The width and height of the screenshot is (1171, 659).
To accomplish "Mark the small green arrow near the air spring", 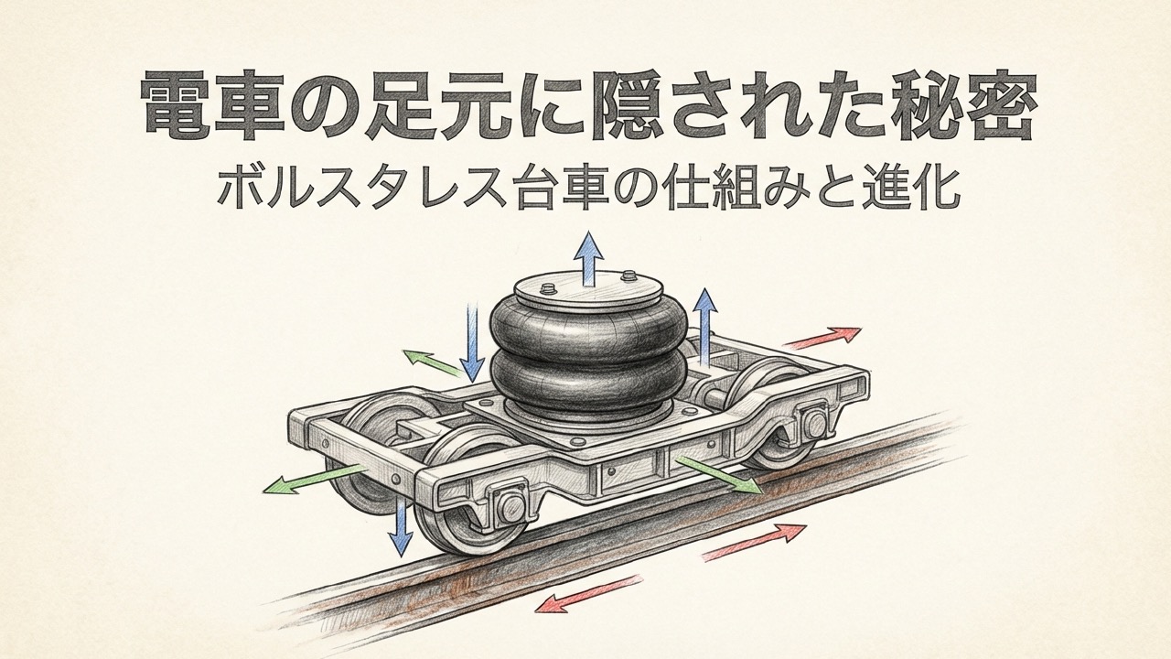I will click(431, 363).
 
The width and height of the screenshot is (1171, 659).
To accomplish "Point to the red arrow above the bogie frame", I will click(822, 338).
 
